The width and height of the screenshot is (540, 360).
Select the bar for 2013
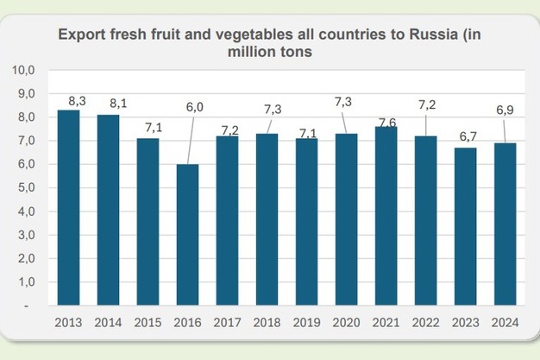click(x=68, y=207)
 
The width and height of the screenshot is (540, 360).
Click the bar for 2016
click(x=187, y=234)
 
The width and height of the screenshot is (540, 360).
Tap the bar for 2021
click(x=385, y=216)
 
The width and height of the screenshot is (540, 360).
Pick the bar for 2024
click(x=504, y=224)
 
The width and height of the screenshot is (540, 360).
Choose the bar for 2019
click(x=306, y=222)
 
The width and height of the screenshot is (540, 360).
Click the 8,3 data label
click(x=75, y=101)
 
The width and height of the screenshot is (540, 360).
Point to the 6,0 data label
click(x=194, y=107)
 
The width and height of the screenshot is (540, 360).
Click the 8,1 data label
click(x=115, y=104)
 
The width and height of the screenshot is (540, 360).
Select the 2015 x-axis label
click(x=148, y=322)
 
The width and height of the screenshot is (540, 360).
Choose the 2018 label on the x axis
click(x=267, y=322)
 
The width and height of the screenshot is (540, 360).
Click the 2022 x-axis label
click(x=424, y=322)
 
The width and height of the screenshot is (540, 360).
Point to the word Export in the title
click(x=80, y=36)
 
